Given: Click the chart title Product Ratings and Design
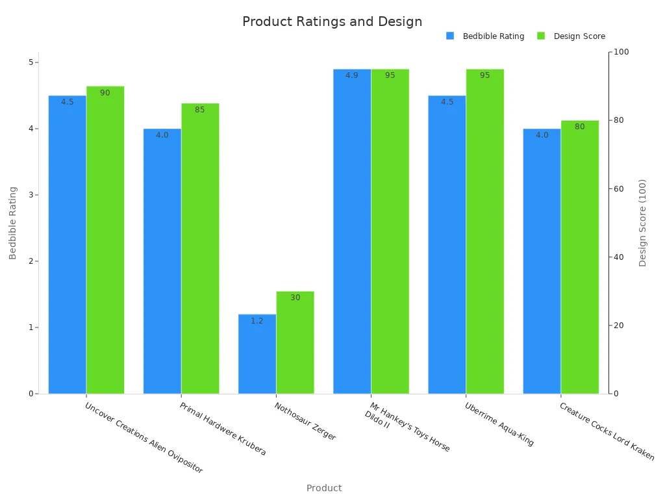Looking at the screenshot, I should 332,21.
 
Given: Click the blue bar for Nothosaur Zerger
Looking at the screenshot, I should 257,354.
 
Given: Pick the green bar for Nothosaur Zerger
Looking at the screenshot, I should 295,342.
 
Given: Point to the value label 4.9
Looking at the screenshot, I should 351,75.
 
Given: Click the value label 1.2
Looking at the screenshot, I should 257,321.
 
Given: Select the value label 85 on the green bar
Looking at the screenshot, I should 199,110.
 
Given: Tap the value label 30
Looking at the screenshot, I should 295,298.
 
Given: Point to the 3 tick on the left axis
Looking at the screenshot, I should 30,195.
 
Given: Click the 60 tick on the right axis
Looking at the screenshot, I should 620,189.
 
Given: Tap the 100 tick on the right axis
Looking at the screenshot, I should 621,52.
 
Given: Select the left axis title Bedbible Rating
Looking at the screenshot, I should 13,223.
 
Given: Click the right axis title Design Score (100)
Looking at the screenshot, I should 643,223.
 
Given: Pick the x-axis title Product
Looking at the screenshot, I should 323,488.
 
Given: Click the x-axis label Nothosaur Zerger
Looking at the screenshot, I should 305,422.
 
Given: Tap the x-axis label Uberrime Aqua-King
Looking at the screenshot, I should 499,424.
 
